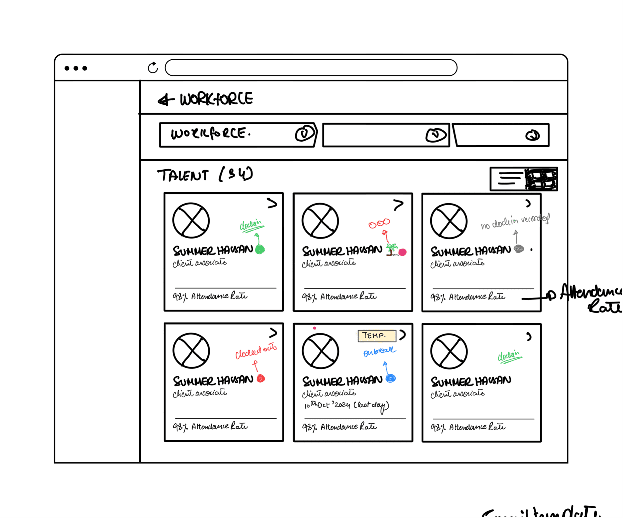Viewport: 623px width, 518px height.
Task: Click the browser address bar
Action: (x=311, y=68)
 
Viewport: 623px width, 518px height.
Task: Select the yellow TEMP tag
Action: (x=377, y=336)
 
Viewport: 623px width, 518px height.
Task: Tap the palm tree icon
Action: (x=392, y=249)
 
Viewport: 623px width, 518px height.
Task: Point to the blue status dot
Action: (x=391, y=378)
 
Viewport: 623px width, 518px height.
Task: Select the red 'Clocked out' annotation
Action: (x=256, y=352)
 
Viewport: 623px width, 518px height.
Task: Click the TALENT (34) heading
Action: (x=205, y=175)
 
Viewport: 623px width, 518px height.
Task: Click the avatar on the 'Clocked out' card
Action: (x=191, y=351)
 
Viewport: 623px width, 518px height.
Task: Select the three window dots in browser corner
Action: (x=76, y=68)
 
